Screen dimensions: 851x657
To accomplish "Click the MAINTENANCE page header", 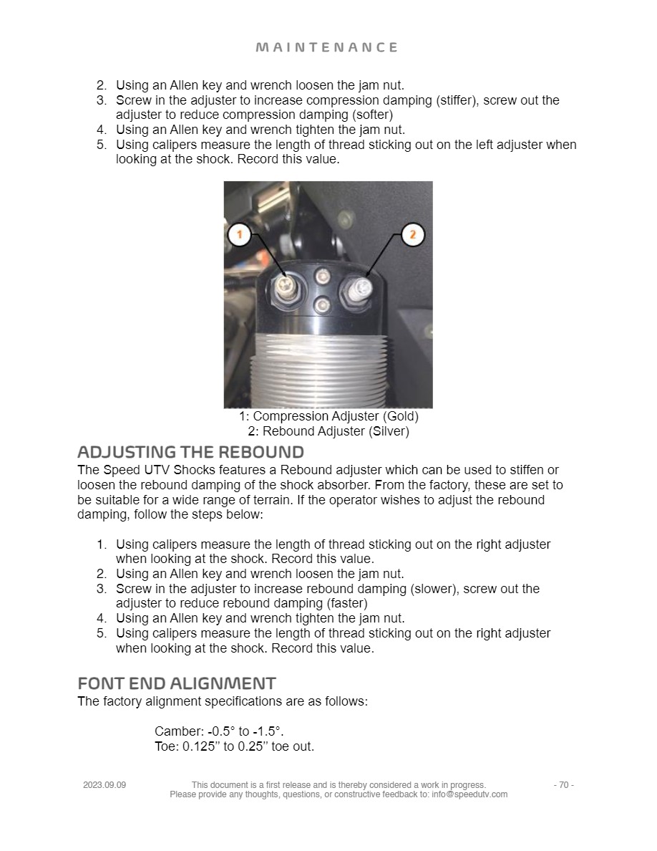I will pos(327,47).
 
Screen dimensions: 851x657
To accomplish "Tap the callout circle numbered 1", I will pos(240,234).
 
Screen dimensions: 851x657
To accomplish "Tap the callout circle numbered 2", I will pos(412,234).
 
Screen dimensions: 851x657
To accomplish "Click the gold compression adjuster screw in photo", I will pos(286,290).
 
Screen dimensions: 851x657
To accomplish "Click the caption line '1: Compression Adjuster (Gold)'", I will pos(328,416).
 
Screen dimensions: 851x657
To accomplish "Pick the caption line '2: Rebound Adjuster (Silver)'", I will pos(328,431).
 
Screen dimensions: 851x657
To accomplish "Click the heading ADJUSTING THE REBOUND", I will pos(190,452).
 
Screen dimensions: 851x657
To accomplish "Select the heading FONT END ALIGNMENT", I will pos(176,683).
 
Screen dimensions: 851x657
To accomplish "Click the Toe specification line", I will pos(234,746).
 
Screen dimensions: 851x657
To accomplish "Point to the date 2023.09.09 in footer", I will pos(104,785).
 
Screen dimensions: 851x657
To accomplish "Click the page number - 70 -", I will pos(563,785).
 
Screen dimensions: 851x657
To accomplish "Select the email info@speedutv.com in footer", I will pos(469,794).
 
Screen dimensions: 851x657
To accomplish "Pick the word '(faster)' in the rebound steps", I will pos(346,604).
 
